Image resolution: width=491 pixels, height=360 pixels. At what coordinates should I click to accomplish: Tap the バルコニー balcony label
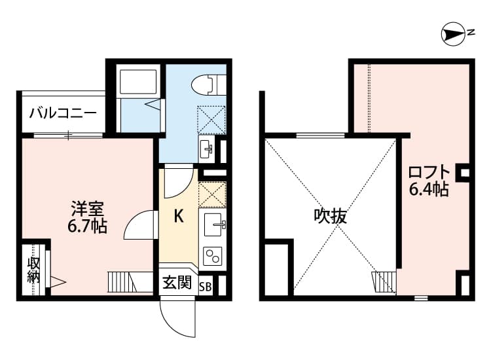coord(63,113)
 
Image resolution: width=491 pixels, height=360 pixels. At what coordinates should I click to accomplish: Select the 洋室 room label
coord(88,210)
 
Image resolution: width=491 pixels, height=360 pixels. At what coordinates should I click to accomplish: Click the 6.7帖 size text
coord(88,227)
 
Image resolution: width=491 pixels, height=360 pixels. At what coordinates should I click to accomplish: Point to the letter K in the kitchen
coord(177,217)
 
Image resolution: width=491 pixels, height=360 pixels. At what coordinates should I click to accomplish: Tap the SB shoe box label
coord(205,285)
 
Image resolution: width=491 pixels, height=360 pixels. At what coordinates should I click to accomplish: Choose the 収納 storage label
coord(33,270)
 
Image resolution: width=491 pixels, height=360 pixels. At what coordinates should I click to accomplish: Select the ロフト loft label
coord(429,173)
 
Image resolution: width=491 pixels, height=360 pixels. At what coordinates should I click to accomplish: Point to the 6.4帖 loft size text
coord(429,190)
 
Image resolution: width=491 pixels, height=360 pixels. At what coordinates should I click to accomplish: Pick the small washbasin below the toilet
coord(206,148)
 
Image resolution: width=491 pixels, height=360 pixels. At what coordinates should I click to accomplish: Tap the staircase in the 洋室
coord(120,282)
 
